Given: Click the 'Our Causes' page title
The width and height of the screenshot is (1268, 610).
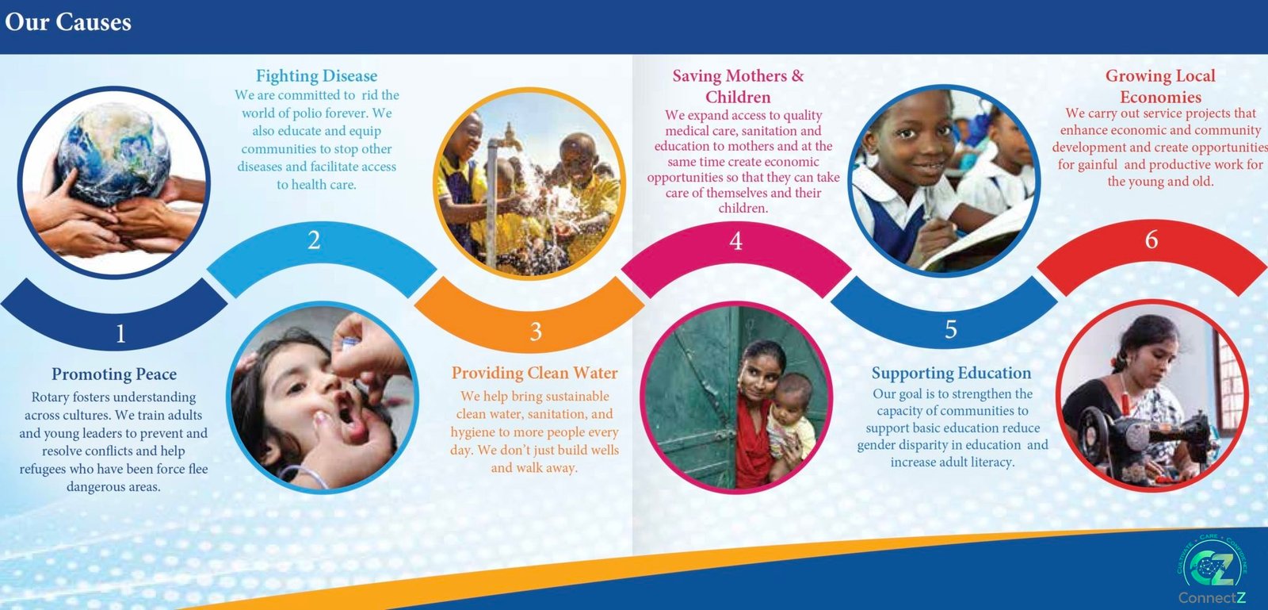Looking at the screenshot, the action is pyautogui.click(x=68, y=23).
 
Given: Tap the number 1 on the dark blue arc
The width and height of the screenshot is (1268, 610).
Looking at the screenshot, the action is pyautogui.click(x=120, y=334).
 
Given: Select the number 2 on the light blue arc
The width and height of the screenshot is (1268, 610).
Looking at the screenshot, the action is pyautogui.click(x=314, y=240).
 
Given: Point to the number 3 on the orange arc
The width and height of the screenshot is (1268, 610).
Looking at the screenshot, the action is pyautogui.click(x=536, y=332).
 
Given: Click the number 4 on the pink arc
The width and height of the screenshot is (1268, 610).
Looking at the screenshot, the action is pyautogui.click(x=736, y=241).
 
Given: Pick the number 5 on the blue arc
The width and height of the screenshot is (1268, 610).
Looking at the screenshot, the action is pyautogui.click(x=951, y=329).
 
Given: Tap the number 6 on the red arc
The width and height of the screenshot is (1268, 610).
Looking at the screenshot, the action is pyautogui.click(x=1152, y=240).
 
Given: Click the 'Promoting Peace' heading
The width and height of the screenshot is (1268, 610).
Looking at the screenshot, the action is pyautogui.click(x=114, y=374).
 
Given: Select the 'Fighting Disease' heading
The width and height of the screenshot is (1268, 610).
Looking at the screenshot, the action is pyautogui.click(x=316, y=76).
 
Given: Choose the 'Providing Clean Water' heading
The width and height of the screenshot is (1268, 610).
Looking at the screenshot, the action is pyautogui.click(x=534, y=373).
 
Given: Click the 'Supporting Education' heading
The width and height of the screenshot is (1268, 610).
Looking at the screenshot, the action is pyautogui.click(x=952, y=374).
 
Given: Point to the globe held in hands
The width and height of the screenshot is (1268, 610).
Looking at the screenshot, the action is pyautogui.click(x=115, y=153).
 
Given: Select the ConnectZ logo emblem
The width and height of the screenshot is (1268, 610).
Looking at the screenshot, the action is pyautogui.click(x=1212, y=566).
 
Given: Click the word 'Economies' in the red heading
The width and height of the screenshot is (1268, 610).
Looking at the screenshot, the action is pyautogui.click(x=1160, y=97).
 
